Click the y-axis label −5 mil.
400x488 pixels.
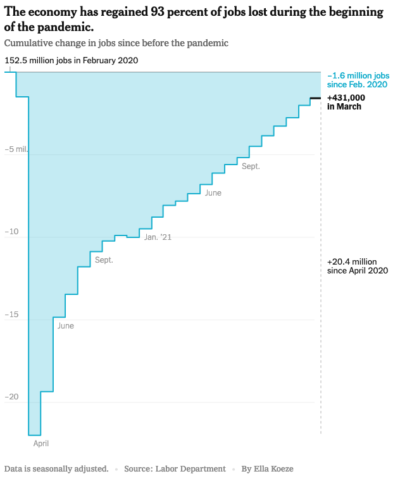pos(17,150)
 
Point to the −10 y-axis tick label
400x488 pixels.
pos(11,232)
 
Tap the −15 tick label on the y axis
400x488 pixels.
pos(11,315)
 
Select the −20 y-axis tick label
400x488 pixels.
pos(11,397)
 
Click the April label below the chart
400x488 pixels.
pos(41,444)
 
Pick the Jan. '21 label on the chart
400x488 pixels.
pos(158,237)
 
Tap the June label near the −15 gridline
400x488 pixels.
pos(65,326)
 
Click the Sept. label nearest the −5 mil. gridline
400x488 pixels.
pos(251,166)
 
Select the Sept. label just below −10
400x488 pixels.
pos(104,260)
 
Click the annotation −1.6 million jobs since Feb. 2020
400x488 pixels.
pos(357,80)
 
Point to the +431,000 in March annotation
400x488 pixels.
pos(346,102)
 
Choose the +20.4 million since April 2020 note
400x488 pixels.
pos(357,266)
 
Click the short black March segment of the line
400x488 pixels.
pos(315,98)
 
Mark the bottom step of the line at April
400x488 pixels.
pos(34,435)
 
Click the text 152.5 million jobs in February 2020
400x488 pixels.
pos(71,61)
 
